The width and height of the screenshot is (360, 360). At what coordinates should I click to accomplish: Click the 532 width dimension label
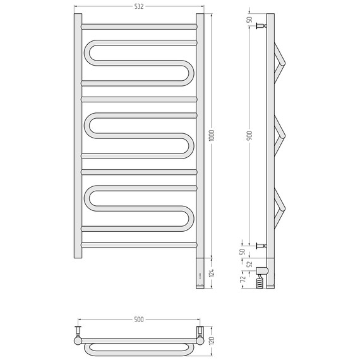coord(139,6)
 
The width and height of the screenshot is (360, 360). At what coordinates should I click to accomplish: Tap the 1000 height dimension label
coord(212,135)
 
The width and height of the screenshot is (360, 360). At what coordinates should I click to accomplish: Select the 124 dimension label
coord(212,272)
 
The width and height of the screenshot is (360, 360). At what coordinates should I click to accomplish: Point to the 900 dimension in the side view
coord(250,135)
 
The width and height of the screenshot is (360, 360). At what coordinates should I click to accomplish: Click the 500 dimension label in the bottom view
coord(139,320)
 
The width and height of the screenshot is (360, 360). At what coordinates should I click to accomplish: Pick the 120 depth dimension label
coord(212,340)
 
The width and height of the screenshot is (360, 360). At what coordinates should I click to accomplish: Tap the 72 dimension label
coord(243,279)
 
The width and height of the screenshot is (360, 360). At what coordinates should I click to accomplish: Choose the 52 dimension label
coord(250,264)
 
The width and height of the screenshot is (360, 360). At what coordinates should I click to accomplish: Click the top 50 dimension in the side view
coord(250,20)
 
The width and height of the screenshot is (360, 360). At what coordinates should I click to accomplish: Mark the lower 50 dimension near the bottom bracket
coord(243,251)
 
